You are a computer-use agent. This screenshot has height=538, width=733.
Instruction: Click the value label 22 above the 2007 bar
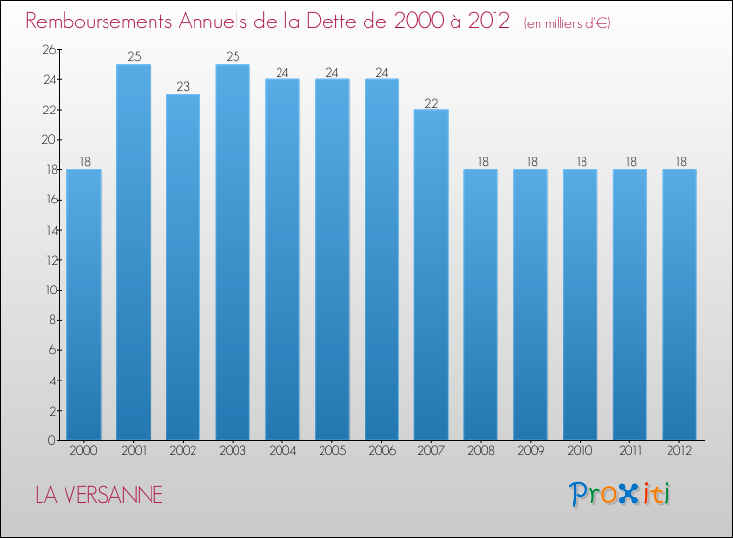point(431,102)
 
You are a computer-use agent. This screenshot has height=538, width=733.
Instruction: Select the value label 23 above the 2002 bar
point(183,87)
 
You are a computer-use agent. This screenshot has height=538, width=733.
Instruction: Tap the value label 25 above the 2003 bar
point(233,57)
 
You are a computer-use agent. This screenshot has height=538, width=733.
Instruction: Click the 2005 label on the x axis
point(331,452)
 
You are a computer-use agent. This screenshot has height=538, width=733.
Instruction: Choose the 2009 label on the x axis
point(530,452)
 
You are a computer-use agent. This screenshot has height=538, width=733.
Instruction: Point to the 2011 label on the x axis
point(629,452)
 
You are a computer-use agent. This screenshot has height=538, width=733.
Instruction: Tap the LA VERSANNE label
point(99,495)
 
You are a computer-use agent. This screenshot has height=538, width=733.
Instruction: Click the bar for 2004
point(282,260)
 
